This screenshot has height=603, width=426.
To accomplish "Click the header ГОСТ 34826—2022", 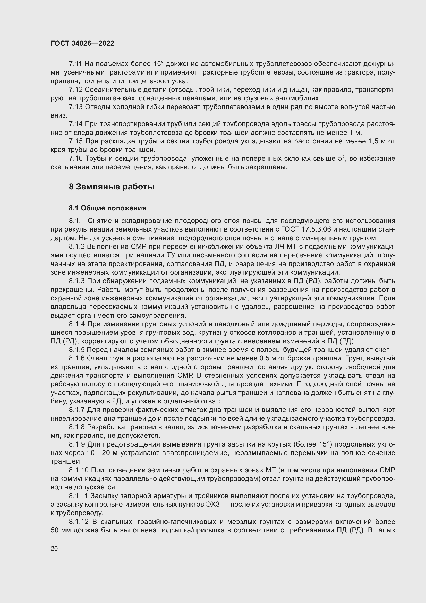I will tap(83, 44).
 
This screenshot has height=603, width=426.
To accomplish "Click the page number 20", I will tap(54, 548).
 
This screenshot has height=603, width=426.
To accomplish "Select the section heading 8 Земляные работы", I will tap(112, 187).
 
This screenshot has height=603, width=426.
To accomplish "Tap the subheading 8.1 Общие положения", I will tap(108, 208).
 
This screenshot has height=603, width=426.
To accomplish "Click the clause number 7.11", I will tap(75, 64).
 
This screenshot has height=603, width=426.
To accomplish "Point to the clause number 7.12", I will tap(75, 89).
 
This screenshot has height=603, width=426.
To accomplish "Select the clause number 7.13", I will tap(75, 107).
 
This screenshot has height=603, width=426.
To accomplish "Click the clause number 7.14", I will tap(75, 124).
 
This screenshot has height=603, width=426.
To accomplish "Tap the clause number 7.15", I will tap(75, 141).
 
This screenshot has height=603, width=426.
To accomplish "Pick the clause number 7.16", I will tap(75, 158).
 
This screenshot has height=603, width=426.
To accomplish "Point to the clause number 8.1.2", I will tap(77, 247).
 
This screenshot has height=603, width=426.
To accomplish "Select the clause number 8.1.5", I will tap(77, 350).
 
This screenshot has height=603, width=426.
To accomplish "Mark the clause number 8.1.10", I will tap(79, 470).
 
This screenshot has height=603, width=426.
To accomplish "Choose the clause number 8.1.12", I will tap(79, 522).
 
